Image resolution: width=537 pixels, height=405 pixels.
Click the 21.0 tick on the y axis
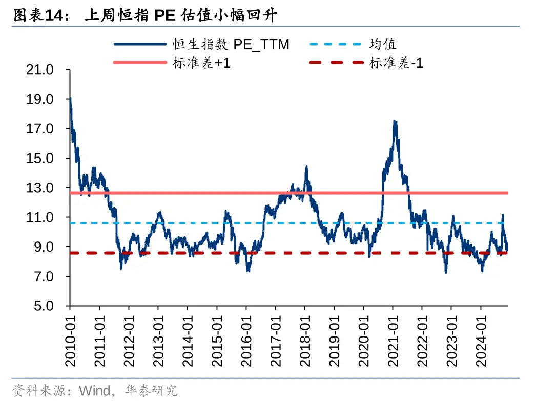click(39, 70)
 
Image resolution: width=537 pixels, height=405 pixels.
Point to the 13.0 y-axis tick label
click(39, 188)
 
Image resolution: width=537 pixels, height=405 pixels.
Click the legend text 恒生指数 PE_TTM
click(231, 44)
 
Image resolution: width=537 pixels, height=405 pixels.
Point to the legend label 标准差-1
click(396, 63)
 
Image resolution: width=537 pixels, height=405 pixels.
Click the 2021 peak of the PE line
click(394, 121)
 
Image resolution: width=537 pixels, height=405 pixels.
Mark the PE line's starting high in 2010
click(70, 98)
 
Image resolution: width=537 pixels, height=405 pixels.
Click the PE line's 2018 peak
click(306, 166)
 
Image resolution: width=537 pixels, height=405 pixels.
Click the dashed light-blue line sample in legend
click(335, 44)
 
